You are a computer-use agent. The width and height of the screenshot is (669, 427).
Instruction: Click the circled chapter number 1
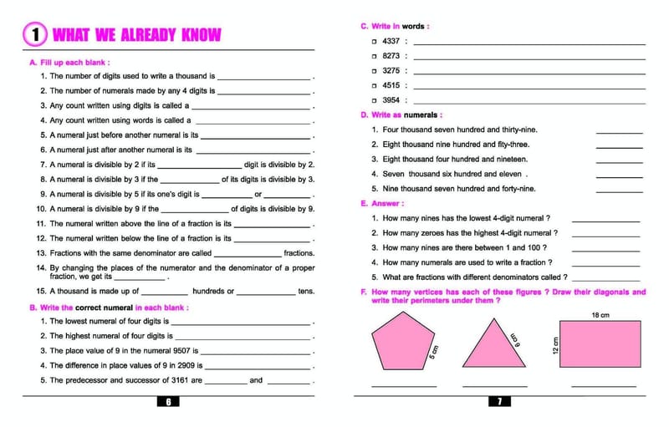pyautogui.click(x=34, y=34)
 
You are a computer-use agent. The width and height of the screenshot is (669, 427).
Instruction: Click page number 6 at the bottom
pyautogui.click(x=168, y=402)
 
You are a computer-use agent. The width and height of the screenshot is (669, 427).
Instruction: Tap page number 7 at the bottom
pyautogui.click(x=499, y=402)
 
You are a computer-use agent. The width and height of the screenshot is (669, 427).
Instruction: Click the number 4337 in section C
pyautogui.click(x=391, y=41)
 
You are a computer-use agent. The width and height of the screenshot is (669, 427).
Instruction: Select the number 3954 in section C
pyautogui.click(x=391, y=99)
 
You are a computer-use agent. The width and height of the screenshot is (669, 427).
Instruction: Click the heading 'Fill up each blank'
pyautogui.click(x=74, y=63)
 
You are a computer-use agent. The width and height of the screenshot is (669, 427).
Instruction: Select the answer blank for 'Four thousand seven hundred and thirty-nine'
pyautogui.click(x=619, y=130)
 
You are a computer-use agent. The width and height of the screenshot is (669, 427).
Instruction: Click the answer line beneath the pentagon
pyautogui.click(x=404, y=386)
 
